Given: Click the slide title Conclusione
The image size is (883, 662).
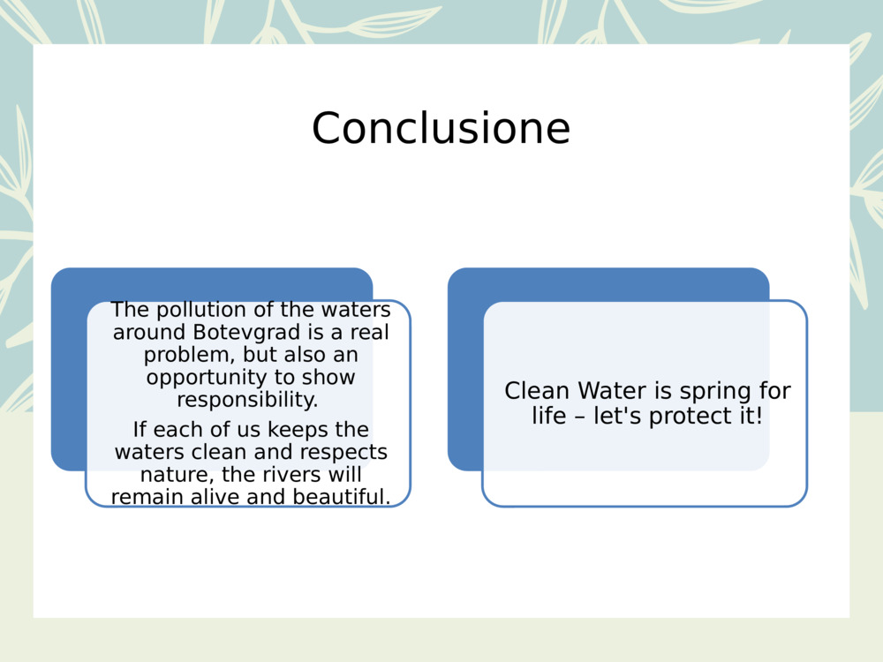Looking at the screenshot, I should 441,129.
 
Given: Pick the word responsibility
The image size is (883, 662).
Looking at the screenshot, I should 247,400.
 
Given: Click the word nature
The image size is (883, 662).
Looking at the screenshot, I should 169,475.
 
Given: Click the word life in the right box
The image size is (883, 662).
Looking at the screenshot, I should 547,416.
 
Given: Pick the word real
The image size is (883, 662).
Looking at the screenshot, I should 368,333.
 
